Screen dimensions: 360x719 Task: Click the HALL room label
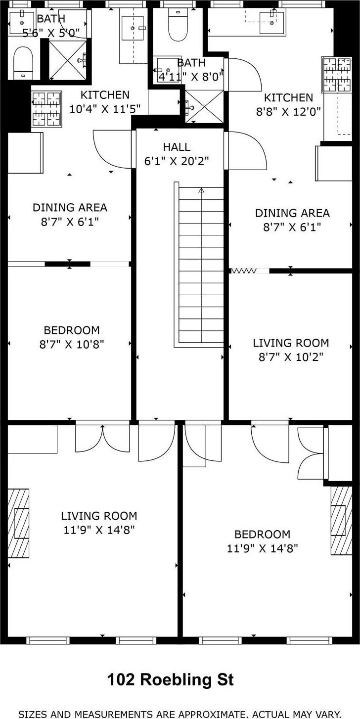pos(177,147)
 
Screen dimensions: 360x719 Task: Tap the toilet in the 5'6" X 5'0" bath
pos(23,63)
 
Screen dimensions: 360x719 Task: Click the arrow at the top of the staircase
pos(201,191)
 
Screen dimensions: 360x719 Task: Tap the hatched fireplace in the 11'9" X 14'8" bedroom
pos(341,521)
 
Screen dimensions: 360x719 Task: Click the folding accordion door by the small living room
pos(244,271)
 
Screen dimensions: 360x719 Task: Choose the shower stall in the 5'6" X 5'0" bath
pos(67,60)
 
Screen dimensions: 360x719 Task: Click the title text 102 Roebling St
pos(171,680)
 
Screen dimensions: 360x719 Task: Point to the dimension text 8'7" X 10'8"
pos(72,345)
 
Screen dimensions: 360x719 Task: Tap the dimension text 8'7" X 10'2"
pos(291,357)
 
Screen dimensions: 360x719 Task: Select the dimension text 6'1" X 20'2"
pos(177,161)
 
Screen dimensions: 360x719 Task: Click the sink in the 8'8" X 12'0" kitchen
pos(272,22)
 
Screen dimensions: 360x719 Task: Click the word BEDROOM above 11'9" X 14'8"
pos(262,534)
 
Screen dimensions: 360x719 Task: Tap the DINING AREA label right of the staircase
pos(292,213)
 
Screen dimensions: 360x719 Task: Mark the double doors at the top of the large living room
pos(103,438)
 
